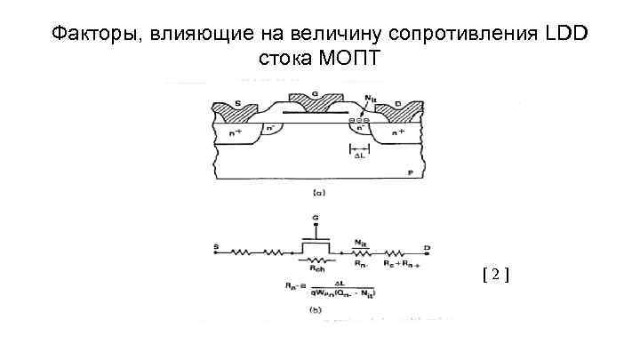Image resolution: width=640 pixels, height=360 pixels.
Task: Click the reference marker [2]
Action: click(495, 275)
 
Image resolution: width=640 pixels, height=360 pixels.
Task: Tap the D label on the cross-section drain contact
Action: click(398, 104)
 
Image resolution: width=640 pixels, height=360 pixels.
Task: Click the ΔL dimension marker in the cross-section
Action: click(360, 156)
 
